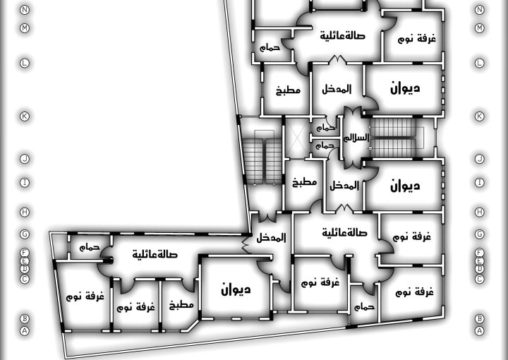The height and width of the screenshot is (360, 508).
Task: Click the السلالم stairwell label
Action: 356,138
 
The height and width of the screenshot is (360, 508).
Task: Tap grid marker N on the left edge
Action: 25,10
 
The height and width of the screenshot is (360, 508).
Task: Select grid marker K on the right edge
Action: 480,116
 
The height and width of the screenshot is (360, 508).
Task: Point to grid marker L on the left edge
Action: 25,63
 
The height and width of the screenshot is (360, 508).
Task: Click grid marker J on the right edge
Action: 480,159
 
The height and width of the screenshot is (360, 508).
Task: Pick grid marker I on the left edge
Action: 25,182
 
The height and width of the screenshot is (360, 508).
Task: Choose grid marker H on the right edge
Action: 480,212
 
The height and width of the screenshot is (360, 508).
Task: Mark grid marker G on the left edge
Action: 25,234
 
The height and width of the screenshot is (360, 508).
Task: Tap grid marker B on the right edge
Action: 480,318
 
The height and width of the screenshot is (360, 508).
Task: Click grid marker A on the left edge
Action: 25,330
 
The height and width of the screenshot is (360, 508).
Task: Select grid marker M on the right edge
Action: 480,28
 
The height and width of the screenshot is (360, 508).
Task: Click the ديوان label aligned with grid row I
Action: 405,186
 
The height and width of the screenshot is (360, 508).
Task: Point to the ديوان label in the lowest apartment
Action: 236,289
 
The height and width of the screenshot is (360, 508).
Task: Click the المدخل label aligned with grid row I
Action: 344,186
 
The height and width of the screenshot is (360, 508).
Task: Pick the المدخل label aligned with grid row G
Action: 271,238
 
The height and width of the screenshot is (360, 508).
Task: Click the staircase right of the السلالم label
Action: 399,138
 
